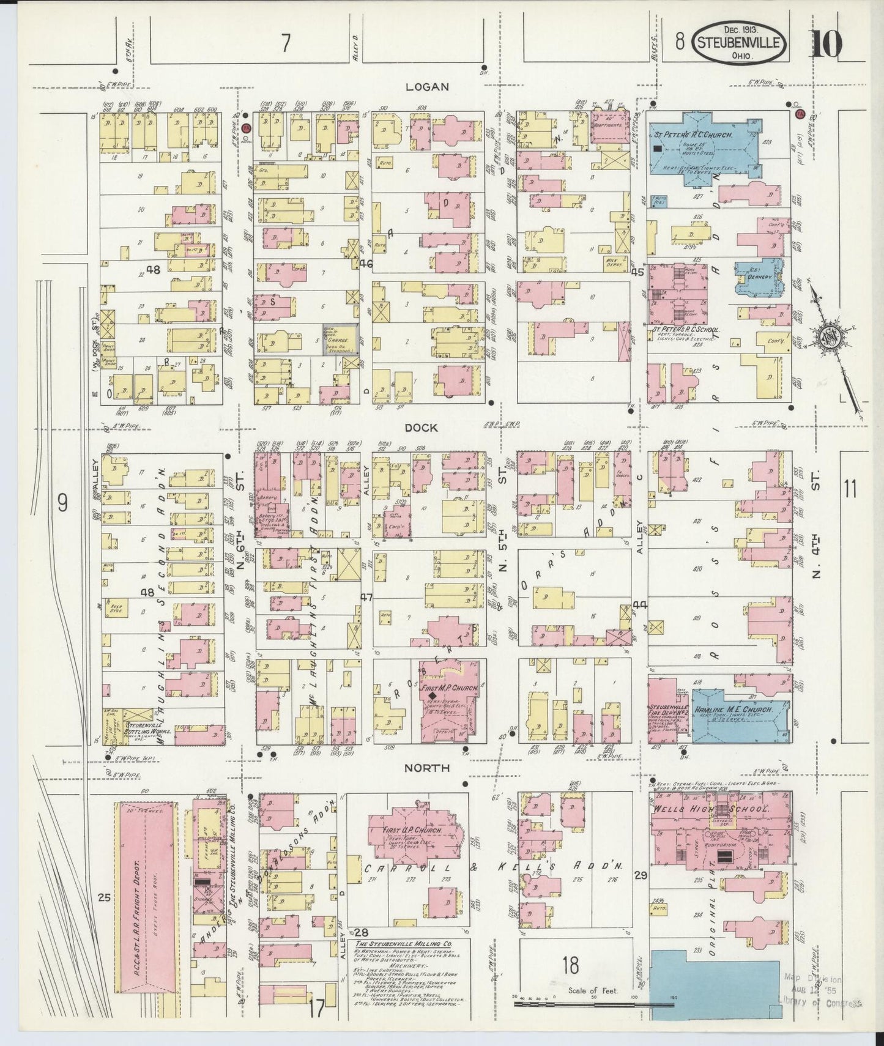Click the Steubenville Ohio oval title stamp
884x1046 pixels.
(x=739, y=44)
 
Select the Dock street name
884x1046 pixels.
(x=422, y=428)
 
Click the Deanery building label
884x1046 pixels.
(x=760, y=276)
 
